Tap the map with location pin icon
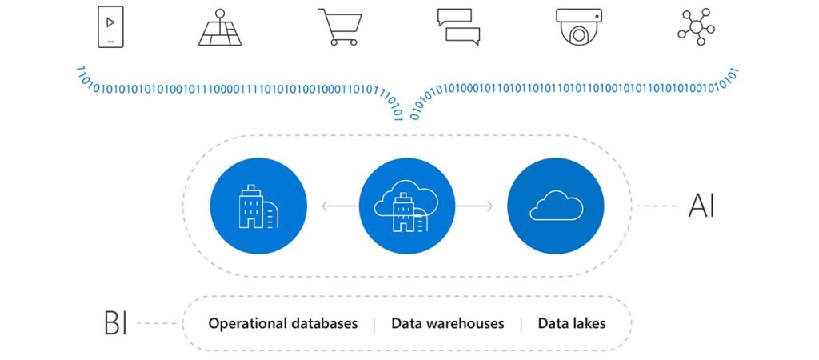click(x=219, y=27)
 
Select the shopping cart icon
click(x=338, y=27)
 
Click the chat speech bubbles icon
click(x=458, y=27)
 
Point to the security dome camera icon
click(x=577, y=27)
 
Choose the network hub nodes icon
click(x=696, y=26)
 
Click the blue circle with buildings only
click(x=258, y=206)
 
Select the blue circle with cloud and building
click(x=407, y=206)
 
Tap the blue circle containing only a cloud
click(x=556, y=206)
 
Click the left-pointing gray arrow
click(x=339, y=206)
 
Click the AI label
click(x=701, y=206)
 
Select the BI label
click(x=116, y=324)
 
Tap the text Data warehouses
click(x=447, y=324)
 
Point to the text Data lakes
click(x=571, y=324)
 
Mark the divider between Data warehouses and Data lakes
click(x=521, y=324)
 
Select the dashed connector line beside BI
click(x=159, y=324)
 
